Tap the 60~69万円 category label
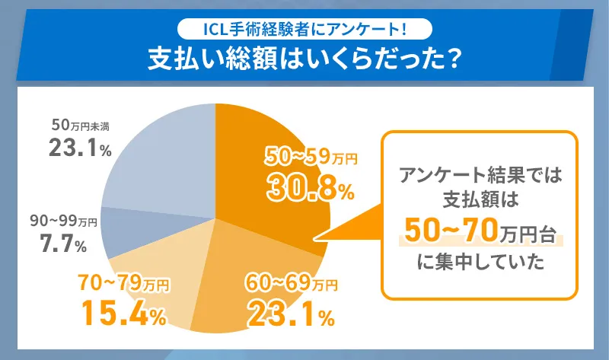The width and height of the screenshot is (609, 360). tap(290, 285)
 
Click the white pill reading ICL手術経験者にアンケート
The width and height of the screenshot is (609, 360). tap(304, 29)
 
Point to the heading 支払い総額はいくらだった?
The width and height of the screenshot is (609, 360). tap(304, 59)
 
